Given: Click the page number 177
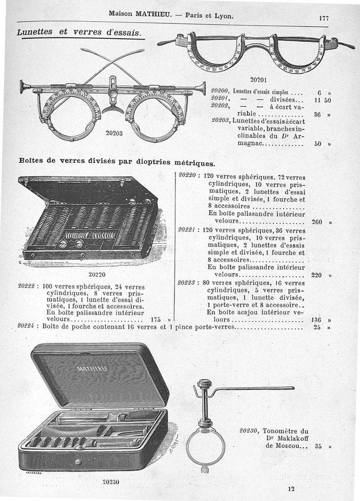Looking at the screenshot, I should tap(323, 18).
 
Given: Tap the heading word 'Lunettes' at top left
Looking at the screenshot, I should tap(35, 32).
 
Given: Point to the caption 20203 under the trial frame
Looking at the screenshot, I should tap(115, 133).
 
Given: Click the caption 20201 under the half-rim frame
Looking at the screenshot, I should tap(259, 80).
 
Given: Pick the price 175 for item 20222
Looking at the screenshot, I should tap(156, 320).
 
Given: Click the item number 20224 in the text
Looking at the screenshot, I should tap(27, 327).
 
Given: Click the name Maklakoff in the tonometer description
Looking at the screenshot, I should tap(291, 438).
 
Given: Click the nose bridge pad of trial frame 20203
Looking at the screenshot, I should tap(112, 109).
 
